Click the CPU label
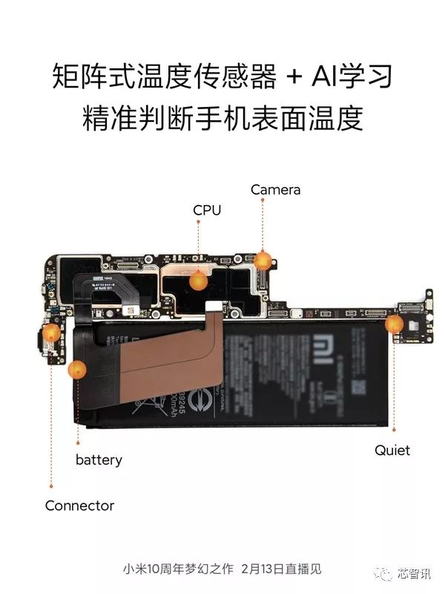[x=207, y=210]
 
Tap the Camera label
[x=275, y=189]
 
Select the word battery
[x=99, y=460]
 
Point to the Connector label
[x=79, y=506]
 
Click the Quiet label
[x=392, y=450]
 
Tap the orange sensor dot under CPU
[x=198, y=281]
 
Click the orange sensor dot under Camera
[x=263, y=260]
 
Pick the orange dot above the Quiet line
[x=394, y=324]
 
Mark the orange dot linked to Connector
[x=51, y=333]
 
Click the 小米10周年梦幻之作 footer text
[x=178, y=569]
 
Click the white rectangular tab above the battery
[x=213, y=305]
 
